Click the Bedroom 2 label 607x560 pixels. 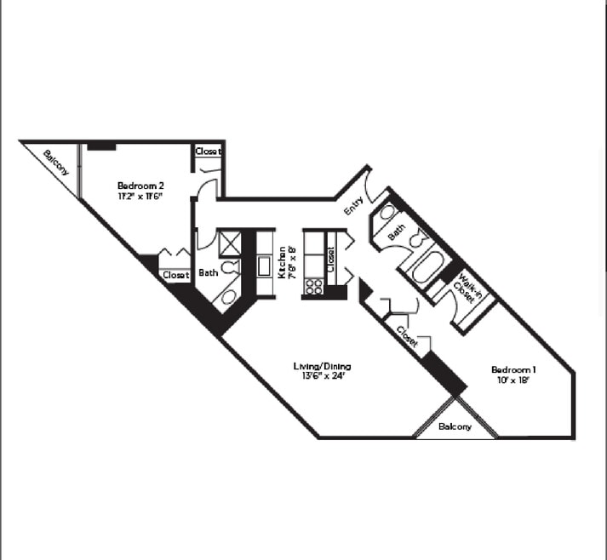140,186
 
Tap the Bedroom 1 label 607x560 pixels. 514,369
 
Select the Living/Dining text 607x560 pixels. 322,367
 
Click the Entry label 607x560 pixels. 353,207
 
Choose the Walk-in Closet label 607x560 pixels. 467,289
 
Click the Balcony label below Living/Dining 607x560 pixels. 455,426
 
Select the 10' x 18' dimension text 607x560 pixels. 513,380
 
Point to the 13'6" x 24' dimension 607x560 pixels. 322,377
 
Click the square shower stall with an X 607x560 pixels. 230,243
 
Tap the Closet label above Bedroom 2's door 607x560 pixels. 208,151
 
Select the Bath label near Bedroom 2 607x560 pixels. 208,273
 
